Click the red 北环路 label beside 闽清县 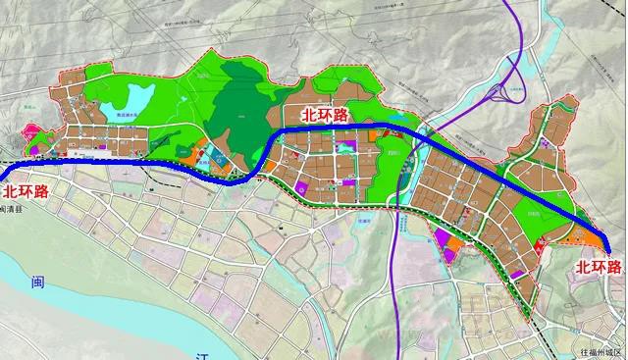[26, 191]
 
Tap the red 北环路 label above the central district [324, 116]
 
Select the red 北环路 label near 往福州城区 [599, 267]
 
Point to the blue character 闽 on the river [37, 284]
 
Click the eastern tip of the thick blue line [609, 251]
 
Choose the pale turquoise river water [59, 304]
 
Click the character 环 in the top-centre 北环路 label [324, 116]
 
